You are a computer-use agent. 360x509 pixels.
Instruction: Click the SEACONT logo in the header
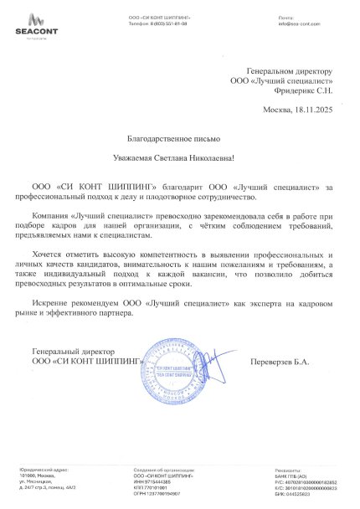[30, 26]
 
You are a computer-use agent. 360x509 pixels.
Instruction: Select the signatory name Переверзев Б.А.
[292, 361]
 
